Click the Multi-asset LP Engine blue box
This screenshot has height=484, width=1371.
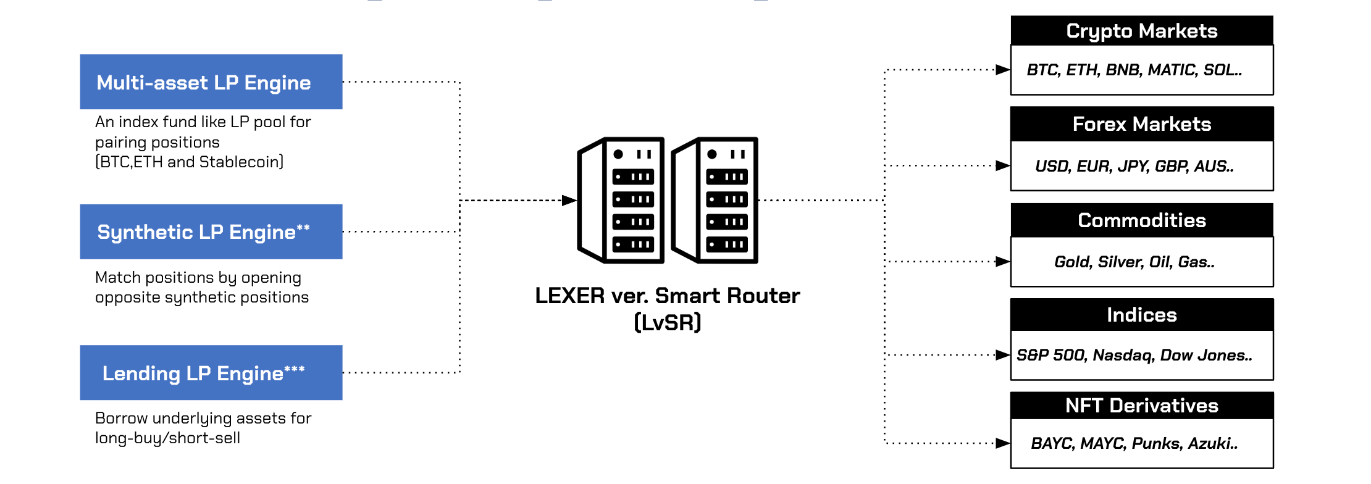[x=211, y=82]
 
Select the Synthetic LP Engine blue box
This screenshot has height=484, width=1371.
[x=211, y=232]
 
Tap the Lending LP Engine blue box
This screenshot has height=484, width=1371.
[x=211, y=373]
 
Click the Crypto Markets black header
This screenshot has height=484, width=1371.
[x=1141, y=31]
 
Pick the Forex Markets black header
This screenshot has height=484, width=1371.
[x=1141, y=124]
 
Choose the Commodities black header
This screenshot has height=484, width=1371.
[x=1141, y=220]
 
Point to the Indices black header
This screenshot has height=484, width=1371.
[x=1141, y=315]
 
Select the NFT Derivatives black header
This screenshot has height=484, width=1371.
[x=1141, y=406]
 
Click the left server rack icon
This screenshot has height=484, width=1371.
[x=621, y=200]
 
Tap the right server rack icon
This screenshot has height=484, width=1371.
[x=715, y=200]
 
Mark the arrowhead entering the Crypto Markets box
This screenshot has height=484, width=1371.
[x=1003, y=70]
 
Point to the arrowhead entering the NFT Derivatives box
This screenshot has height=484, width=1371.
[x=1003, y=443]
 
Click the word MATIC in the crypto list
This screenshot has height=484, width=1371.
[x=1172, y=70]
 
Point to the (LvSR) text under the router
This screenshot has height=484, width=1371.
[x=668, y=322]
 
